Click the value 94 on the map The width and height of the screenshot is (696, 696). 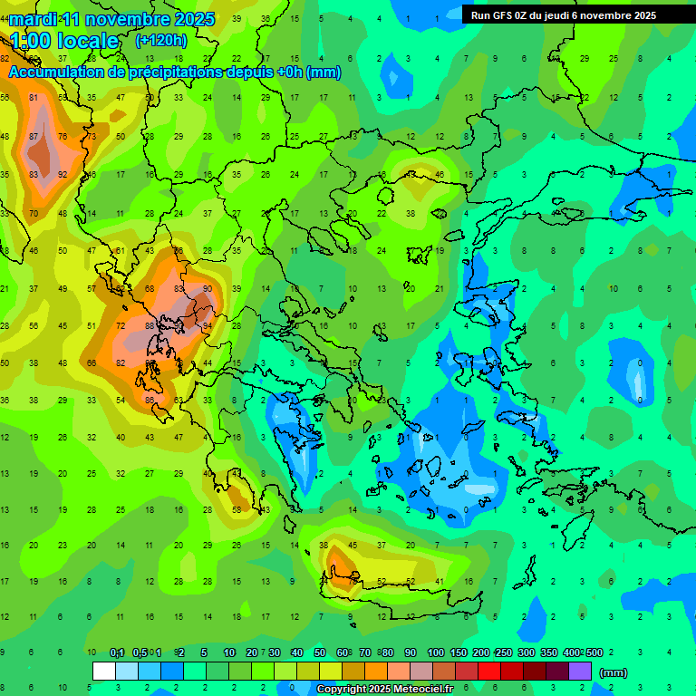click(x=208, y=325)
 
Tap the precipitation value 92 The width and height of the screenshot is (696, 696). click(x=63, y=174)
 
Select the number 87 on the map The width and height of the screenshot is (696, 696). click(x=34, y=136)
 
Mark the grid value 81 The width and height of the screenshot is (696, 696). click(x=34, y=98)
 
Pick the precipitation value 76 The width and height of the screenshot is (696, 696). click(x=63, y=136)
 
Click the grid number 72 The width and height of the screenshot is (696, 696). click(x=121, y=325)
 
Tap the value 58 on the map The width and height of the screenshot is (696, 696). click(x=237, y=510)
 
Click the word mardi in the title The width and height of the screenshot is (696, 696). click(x=34, y=19)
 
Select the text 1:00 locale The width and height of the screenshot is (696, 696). click(x=65, y=41)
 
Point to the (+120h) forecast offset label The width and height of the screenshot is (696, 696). click(x=161, y=41)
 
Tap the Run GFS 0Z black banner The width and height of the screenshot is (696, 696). click(x=570, y=14)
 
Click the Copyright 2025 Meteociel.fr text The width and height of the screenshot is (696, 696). click(x=384, y=690)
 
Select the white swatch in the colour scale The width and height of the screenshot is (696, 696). click(x=104, y=671)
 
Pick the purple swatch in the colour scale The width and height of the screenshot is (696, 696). click(x=580, y=671)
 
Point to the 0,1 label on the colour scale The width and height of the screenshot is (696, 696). click(x=117, y=652)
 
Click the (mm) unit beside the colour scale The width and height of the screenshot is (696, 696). click(x=614, y=672)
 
